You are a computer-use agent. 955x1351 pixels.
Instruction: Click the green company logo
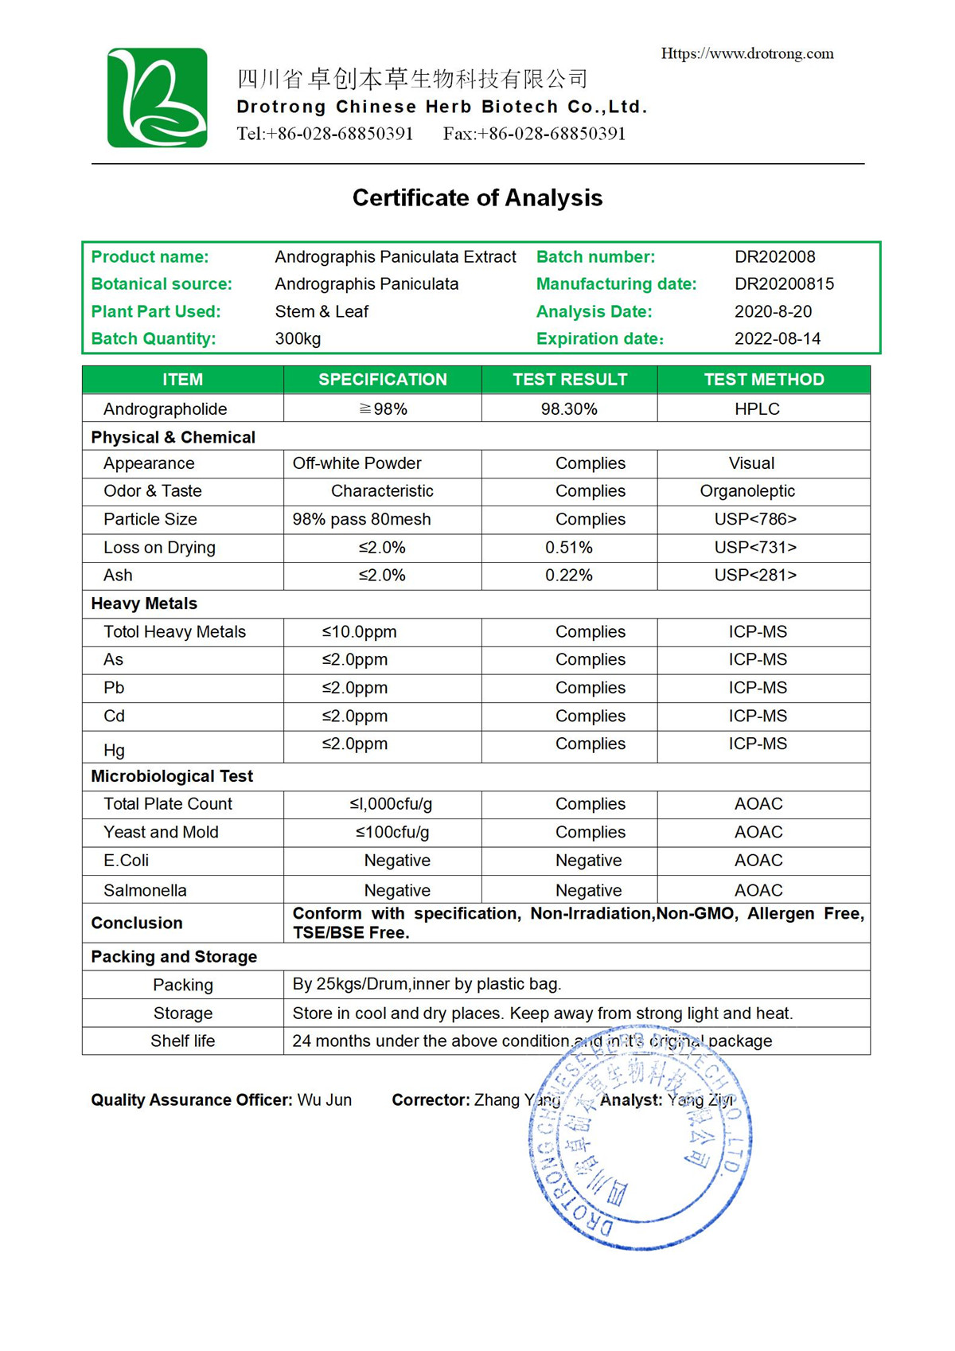pyautogui.click(x=158, y=98)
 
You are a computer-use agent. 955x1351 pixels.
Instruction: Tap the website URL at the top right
pyautogui.click(x=747, y=53)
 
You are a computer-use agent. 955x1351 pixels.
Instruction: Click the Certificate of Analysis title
pyautogui.click(x=477, y=197)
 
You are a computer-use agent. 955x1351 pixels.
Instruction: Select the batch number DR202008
pyautogui.click(x=774, y=256)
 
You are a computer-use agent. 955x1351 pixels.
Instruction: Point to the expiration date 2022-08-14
pyautogui.click(x=777, y=338)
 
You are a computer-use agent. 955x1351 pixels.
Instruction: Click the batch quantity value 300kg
pyautogui.click(x=298, y=338)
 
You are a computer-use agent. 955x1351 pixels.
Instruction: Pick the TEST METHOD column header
pyautogui.click(x=763, y=380)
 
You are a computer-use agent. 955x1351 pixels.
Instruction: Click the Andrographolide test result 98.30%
pyautogui.click(x=569, y=409)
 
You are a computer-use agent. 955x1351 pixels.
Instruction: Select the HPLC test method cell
pyautogui.click(x=757, y=409)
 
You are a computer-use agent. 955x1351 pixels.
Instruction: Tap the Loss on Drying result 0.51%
pyautogui.click(x=568, y=548)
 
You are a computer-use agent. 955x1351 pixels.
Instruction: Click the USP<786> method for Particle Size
pyautogui.click(x=755, y=519)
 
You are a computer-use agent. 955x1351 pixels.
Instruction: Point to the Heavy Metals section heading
pyautogui.click(x=144, y=603)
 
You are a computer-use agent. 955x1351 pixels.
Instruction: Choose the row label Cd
pyautogui.click(x=114, y=716)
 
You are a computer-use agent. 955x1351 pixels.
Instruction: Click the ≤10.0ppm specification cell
pyautogui.click(x=359, y=632)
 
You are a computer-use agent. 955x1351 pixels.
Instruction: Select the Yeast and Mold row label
pyautogui.click(x=161, y=832)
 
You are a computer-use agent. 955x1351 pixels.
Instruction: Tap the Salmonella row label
pyautogui.click(x=145, y=890)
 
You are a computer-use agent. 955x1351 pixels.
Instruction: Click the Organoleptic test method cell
pyautogui.click(x=747, y=491)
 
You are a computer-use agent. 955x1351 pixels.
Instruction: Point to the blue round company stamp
pyautogui.click(x=640, y=1138)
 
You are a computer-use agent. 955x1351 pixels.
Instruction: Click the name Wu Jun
pyautogui.click(x=324, y=1100)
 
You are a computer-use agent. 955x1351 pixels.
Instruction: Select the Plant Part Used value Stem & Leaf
pyautogui.click(x=322, y=311)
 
